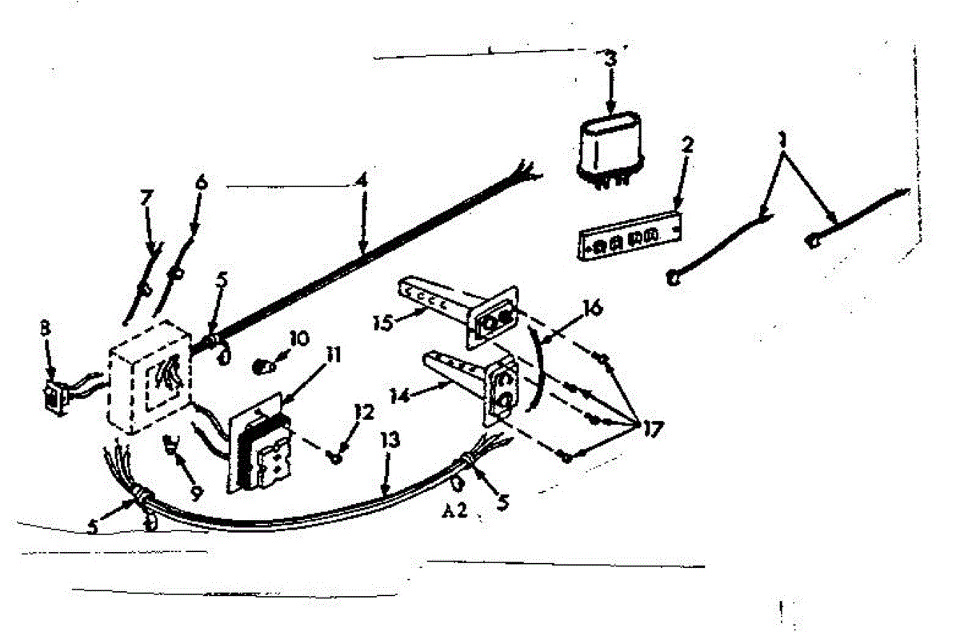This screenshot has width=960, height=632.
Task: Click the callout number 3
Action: coord(610,58)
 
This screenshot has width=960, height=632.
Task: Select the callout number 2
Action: coord(687,146)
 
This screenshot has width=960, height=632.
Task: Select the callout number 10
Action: coord(299,340)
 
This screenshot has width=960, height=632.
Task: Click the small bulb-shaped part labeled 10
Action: coord(262,367)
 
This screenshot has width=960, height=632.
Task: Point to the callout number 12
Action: coord(364,412)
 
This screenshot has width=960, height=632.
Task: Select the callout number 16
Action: coord(593,306)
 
